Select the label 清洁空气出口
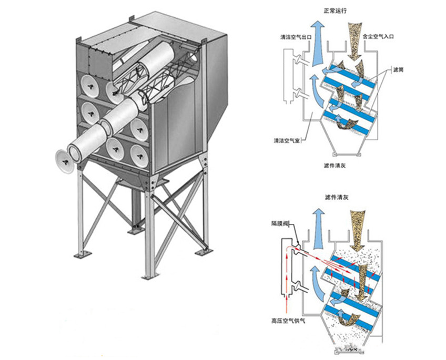coord(297,38)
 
